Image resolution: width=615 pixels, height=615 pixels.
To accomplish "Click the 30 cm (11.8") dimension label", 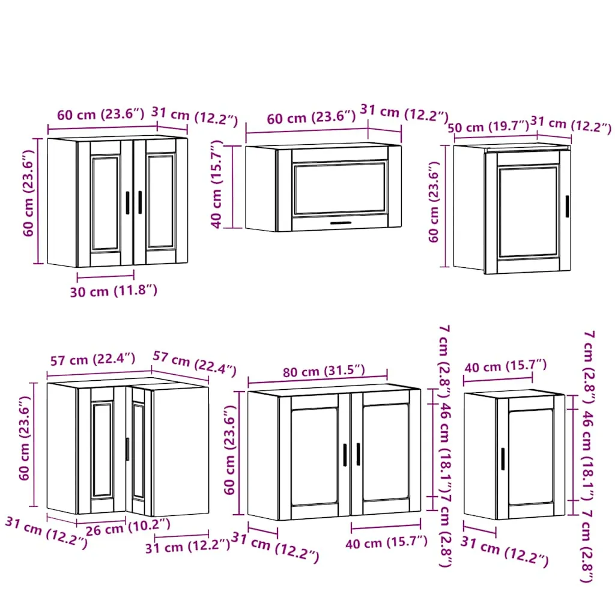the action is coord(114,291).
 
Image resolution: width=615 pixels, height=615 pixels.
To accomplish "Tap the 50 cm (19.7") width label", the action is coord(489,127).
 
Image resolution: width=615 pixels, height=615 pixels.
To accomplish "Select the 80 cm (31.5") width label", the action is coord(324,371).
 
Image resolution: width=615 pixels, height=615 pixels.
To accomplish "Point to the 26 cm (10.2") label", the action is coord(128,527).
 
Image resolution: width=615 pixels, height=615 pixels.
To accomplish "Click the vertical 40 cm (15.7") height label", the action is coord(216,184).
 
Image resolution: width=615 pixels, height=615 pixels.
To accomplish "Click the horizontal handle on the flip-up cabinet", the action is coord(341,223).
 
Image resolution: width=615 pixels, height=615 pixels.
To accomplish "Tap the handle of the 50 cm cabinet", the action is coord(567,207).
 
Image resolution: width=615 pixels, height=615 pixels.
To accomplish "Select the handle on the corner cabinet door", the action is coord(127,449).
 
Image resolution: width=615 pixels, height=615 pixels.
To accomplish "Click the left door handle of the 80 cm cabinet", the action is coord(345,455).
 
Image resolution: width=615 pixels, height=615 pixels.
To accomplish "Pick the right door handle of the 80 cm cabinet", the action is coord(358,454).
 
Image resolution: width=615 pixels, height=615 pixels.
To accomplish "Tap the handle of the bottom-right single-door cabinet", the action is coord(503,458).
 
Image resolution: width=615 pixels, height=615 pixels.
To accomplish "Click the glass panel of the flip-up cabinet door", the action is coord(340,189).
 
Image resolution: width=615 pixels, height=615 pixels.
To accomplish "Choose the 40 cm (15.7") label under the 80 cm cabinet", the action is coord(386,543).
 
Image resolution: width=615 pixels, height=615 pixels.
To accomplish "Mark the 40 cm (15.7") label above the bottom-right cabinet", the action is coord(506,366).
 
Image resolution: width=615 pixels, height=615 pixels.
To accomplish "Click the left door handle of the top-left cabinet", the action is coord(127,203).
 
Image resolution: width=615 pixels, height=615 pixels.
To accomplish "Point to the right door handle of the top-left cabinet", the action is coord(140,202).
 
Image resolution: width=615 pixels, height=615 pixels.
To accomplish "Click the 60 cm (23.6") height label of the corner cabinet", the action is coord(24,438).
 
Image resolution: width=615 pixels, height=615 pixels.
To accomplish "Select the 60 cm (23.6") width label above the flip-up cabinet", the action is coord(312,117).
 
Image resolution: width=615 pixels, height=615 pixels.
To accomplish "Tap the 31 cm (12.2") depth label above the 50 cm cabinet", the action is coord(571,125).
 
